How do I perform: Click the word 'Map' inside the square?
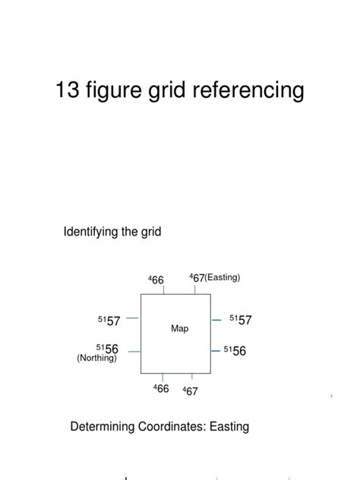click(179, 329)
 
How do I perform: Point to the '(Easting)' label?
click(223, 278)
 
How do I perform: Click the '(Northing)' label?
click(97, 358)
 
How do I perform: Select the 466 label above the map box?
click(156, 280)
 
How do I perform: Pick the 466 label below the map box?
click(161, 389)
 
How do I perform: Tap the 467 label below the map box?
click(190, 391)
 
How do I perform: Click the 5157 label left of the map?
click(109, 321)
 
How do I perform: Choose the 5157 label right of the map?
click(240, 321)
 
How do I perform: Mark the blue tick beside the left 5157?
click(132, 318)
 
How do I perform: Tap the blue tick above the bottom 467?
click(192, 376)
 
